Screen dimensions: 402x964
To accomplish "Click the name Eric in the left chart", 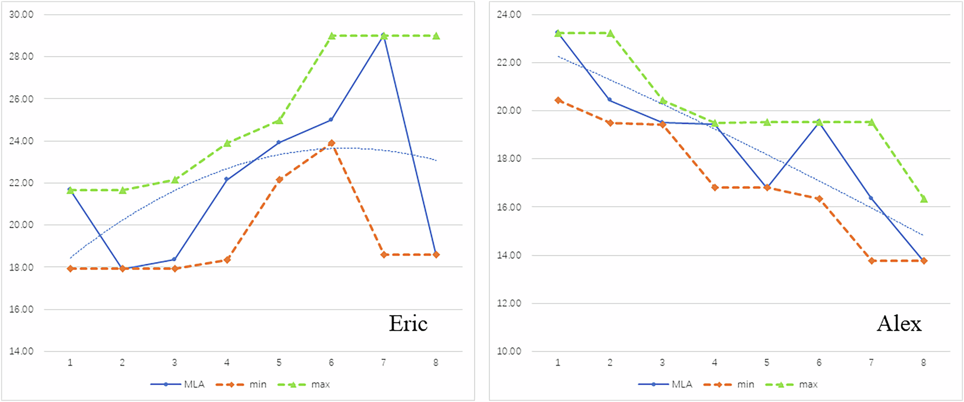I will coord(408,323).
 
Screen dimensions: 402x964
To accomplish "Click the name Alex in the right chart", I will coord(899,323).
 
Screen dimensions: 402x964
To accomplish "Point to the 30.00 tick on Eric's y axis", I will coord(21,14).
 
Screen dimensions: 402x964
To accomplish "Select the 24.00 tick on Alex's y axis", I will coord(509,14).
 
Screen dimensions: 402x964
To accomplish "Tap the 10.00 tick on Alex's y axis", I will coord(509,351).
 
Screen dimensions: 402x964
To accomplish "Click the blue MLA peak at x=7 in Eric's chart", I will coord(383,35).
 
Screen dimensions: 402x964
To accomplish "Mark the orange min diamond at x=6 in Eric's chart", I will coord(331,143).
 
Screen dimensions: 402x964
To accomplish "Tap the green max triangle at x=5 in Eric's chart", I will coord(279,120).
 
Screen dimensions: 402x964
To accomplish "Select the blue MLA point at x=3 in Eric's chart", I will coord(174,259).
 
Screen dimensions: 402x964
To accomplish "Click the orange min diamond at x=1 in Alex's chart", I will coord(558,100).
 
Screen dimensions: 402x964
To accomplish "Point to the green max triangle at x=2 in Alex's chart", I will coord(610,33).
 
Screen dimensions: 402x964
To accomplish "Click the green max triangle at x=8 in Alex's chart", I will coord(924,198).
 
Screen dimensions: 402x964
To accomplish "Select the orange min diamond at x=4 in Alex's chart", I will coord(715,187).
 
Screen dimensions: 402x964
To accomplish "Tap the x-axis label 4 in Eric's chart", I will coord(227,362).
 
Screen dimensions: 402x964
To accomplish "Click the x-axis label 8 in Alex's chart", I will coord(924,362).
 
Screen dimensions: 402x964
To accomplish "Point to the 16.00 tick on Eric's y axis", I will coord(21,309).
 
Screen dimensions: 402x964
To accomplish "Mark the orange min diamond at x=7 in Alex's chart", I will coord(871,261).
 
